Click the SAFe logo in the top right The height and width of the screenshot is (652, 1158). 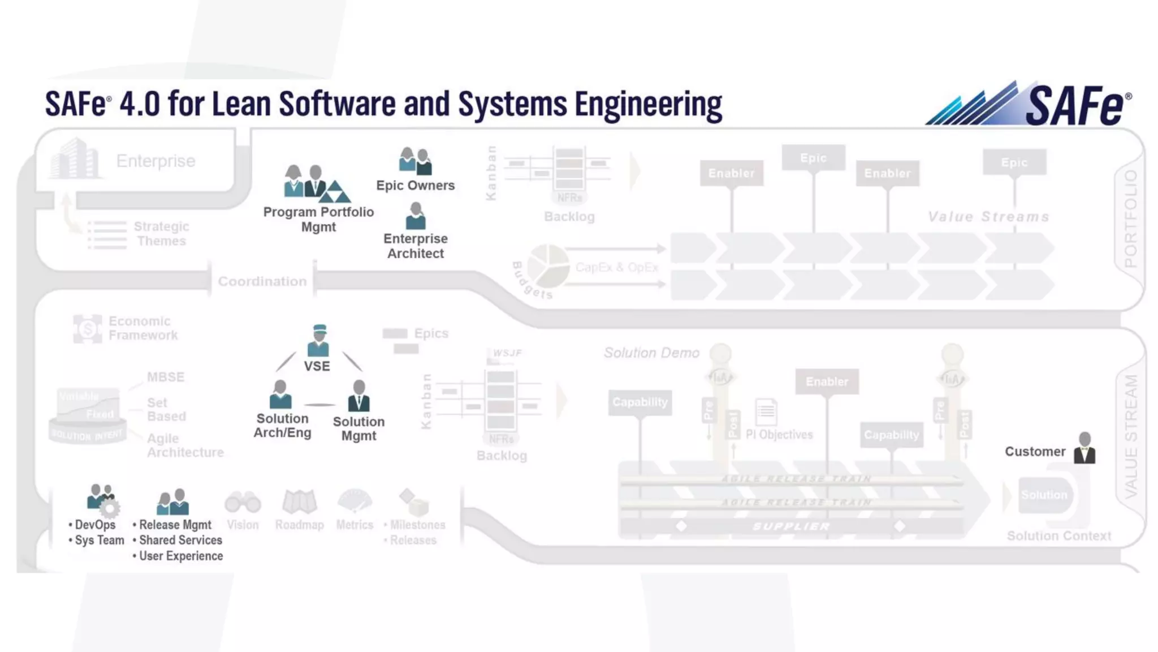click(1029, 104)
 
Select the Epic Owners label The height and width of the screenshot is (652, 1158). click(416, 186)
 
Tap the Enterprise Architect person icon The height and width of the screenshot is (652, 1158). click(416, 216)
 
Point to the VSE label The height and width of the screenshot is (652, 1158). click(317, 366)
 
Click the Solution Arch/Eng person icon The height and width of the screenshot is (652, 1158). click(280, 394)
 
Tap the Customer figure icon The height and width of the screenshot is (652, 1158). click(1084, 448)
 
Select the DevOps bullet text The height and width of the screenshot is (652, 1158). click(95, 525)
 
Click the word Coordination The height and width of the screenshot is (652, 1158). click(262, 281)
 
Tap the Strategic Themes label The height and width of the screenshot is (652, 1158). click(161, 234)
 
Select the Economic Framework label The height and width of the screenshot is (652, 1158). click(142, 328)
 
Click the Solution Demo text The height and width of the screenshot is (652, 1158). click(651, 353)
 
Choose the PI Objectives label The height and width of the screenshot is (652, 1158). click(779, 435)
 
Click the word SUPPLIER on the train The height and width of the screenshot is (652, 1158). click(791, 526)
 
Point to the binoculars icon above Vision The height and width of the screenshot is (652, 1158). click(243, 502)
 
